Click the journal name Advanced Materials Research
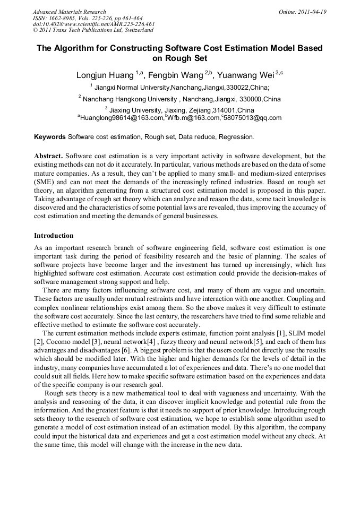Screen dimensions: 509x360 tap(70, 12)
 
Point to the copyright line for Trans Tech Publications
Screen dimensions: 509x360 tap(93, 30)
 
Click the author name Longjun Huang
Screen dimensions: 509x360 tap(105, 75)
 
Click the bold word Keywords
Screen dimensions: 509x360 tap(50, 137)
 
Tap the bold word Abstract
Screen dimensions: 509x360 tap(48, 156)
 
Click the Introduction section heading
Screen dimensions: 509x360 tap(54, 235)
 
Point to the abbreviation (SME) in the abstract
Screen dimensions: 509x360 tap(44, 182)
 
